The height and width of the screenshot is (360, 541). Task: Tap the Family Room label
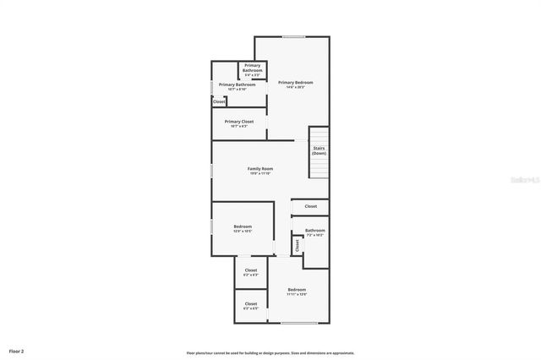260,169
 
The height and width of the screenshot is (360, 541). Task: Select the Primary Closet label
239,122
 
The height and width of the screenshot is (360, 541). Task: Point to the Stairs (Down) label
319,150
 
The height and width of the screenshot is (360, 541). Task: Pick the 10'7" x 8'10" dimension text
238,90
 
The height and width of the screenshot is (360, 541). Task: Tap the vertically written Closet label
298,244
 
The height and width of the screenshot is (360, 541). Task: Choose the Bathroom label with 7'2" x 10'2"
315,230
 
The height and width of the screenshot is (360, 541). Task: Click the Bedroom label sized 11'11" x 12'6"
296,290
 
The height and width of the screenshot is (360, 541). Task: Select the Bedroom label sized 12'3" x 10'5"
243,226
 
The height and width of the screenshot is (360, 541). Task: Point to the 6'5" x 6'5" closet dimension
251,308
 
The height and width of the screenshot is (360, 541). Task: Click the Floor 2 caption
17,350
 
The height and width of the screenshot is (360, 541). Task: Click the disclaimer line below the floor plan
270,353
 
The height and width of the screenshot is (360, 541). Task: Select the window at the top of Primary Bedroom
293,36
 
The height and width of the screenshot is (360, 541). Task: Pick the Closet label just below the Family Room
311,206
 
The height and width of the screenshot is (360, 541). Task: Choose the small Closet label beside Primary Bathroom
219,101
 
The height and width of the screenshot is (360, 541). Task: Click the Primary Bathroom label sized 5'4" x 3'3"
253,68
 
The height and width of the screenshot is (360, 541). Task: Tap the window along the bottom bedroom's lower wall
298,324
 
